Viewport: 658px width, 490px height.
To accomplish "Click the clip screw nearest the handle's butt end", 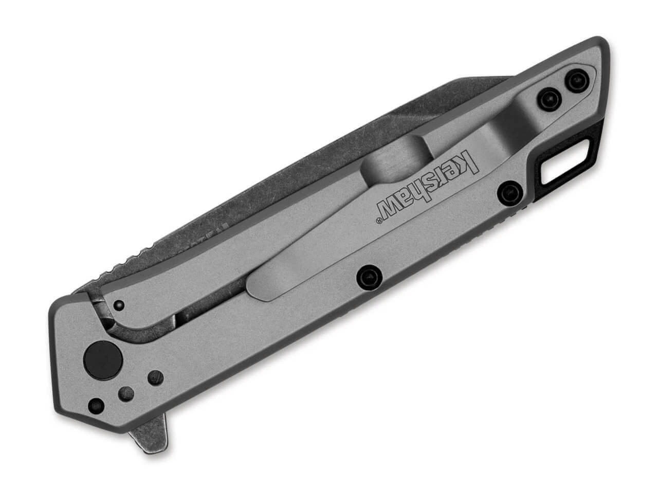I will [577, 80].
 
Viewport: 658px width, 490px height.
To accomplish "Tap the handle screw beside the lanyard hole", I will [509, 191].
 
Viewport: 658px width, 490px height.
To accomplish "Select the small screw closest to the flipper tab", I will [96, 404].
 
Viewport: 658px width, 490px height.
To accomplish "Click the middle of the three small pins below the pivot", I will [126, 394].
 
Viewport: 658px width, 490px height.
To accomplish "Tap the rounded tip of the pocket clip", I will [257, 285].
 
